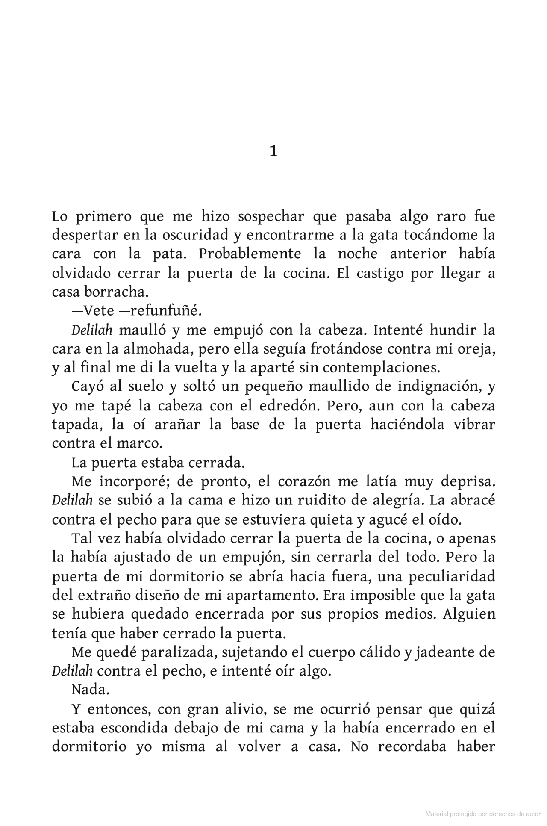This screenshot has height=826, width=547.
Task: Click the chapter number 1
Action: click(x=273, y=151)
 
